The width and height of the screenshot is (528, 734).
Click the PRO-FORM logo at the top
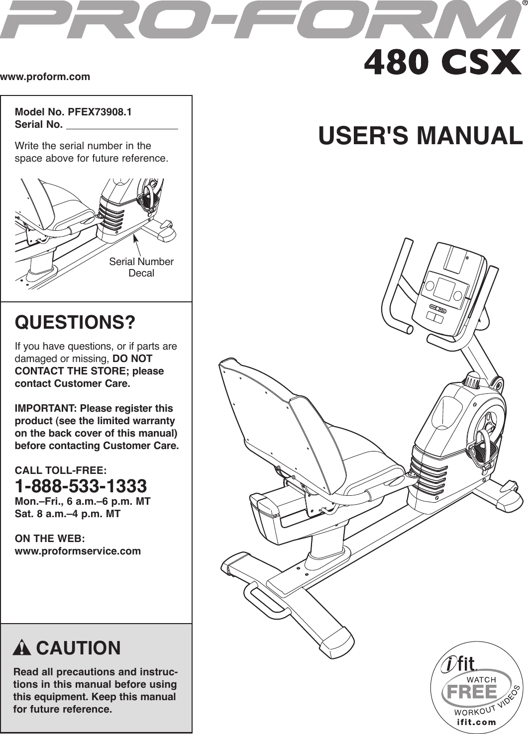click(x=259, y=21)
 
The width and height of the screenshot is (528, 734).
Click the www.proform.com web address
click(x=45, y=77)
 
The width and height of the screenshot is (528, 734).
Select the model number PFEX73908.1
click(x=100, y=112)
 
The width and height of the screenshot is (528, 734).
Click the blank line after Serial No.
click(x=122, y=125)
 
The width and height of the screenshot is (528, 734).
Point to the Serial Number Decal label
click(x=141, y=267)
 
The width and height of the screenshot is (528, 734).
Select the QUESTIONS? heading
click(x=75, y=323)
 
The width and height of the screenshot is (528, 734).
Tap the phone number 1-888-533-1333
click(x=81, y=486)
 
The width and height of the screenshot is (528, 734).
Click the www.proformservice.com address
click(x=78, y=551)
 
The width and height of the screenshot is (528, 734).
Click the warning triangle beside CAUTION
click(x=22, y=648)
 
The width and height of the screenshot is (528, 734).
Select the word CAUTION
click(x=79, y=648)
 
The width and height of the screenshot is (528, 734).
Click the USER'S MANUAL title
click(x=421, y=136)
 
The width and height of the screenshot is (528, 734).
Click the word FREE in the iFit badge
click(x=471, y=692)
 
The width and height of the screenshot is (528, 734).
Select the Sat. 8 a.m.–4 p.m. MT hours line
click(x=68, y=514)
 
